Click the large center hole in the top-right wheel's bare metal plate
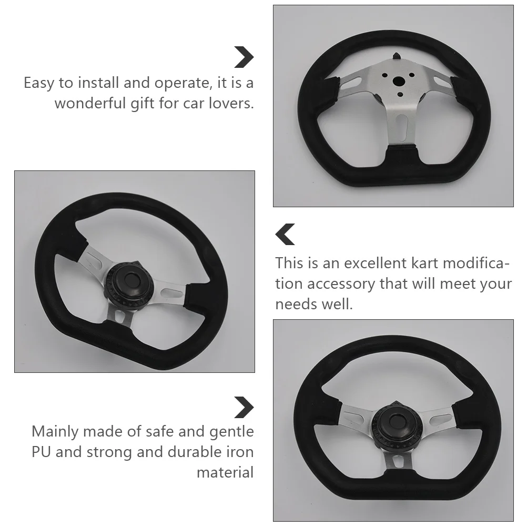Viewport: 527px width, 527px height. click(x=399, y=80)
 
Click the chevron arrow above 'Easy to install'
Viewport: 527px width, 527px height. click(x=244, y=57)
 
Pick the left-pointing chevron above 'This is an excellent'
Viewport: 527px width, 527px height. click(x=285, y=234)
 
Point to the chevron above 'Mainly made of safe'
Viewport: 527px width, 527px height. click(x=244, y=408)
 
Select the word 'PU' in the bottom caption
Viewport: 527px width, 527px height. click(x=41, y=452)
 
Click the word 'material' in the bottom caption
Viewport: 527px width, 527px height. click(x=225, y=472)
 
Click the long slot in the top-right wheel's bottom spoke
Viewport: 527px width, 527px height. click(x=401, y=127)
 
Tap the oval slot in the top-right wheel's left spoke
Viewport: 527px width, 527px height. click(x=352, y=83)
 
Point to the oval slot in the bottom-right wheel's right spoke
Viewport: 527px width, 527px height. click(x=441, y=419)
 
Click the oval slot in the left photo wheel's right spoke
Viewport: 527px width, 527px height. click(x=173, y=293)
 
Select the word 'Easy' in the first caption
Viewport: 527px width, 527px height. click(x=38, y=83)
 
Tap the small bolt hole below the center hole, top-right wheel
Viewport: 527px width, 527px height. click(x=400, y=95)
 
